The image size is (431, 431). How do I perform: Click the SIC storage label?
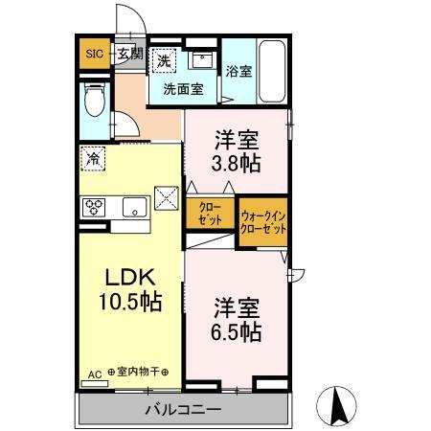(94, 54)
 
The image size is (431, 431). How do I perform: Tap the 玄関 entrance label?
(130, 54)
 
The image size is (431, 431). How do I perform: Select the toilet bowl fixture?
(94, 99)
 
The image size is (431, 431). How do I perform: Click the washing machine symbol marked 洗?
(164, 60)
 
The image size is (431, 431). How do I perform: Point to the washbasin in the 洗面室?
(202, 60)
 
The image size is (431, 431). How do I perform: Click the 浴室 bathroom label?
(238, 71)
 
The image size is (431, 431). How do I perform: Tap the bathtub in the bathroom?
(271, 71)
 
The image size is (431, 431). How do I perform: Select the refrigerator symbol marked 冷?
(93, 158)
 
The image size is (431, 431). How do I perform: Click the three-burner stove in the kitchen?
(94, 207)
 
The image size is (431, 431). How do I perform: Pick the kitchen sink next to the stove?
(135, 207)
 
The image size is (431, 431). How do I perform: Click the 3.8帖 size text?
(236, 164)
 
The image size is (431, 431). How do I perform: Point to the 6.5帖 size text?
(237, 332)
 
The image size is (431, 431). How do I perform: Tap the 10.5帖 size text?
(130, 302)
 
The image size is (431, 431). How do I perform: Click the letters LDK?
(130, 277)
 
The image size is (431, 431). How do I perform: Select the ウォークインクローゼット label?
(263, 222)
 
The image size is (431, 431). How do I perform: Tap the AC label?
(95, 374)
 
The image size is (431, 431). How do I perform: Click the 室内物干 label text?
(138, 372)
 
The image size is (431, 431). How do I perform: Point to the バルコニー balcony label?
(183, 410)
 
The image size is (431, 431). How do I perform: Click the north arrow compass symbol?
(336, 405)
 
